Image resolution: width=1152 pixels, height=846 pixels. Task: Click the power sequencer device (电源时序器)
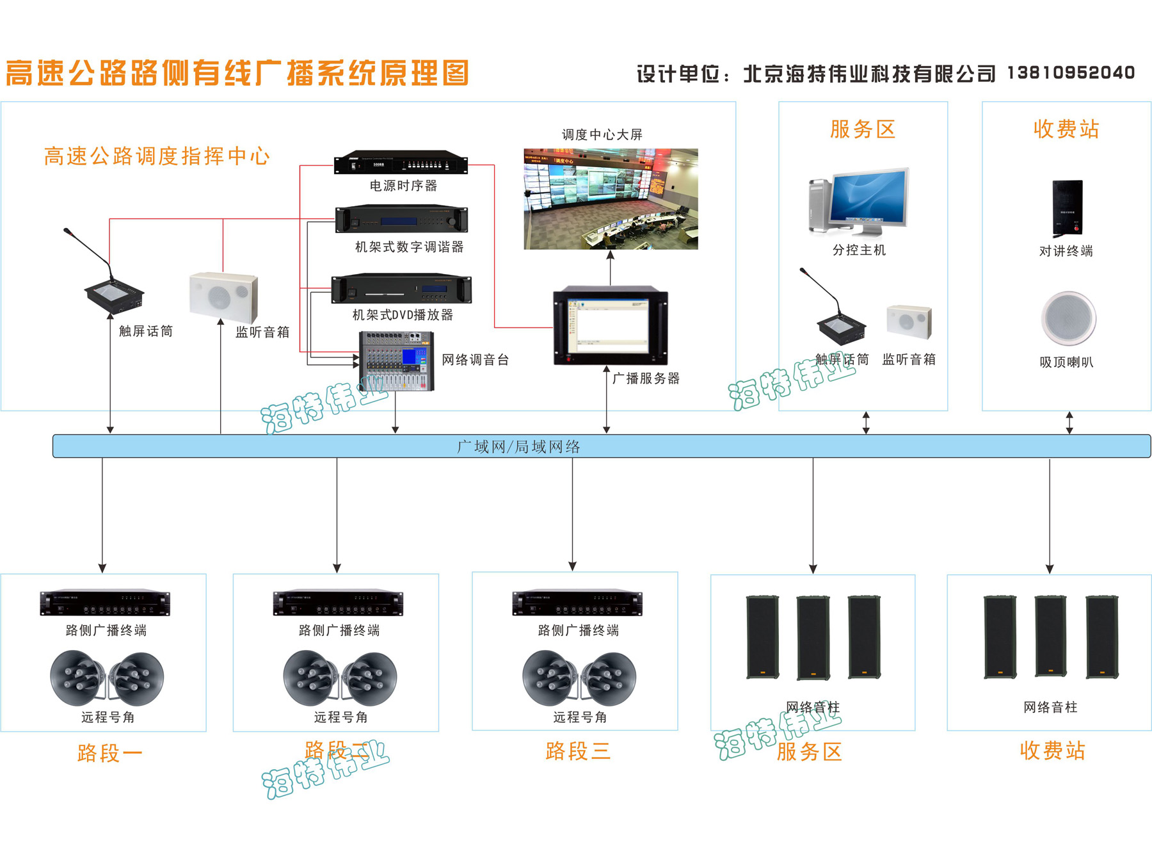click(401, 163)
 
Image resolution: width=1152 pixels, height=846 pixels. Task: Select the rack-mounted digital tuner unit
click(401, 220)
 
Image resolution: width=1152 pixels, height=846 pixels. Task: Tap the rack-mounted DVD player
click(401, 289)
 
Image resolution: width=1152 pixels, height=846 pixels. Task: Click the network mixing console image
click(396, 361)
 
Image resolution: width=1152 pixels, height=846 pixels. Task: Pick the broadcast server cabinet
click(610, 327)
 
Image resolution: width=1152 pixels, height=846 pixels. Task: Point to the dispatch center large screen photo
click(611, 199)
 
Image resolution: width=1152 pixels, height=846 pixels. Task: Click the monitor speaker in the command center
click(223, 298)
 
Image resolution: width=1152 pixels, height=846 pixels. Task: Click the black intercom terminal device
click(1068, 207)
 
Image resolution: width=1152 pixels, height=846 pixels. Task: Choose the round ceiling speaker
click(1068, 318)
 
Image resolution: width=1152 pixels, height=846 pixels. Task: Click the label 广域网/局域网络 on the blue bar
click(518, 446)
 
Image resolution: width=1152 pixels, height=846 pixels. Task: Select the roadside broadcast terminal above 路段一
click(105, 603)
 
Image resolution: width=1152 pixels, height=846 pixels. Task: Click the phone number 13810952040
click(1071, 73)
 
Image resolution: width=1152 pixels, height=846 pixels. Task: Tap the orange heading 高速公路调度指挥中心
click(157, 156)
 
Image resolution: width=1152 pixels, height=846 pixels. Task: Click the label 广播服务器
click(646, 378)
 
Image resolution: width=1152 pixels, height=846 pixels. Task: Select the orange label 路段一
click(109, 752)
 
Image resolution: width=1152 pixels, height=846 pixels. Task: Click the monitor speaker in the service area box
click(909, 321)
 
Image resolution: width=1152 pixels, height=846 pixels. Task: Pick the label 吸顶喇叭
click(1066, 362)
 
